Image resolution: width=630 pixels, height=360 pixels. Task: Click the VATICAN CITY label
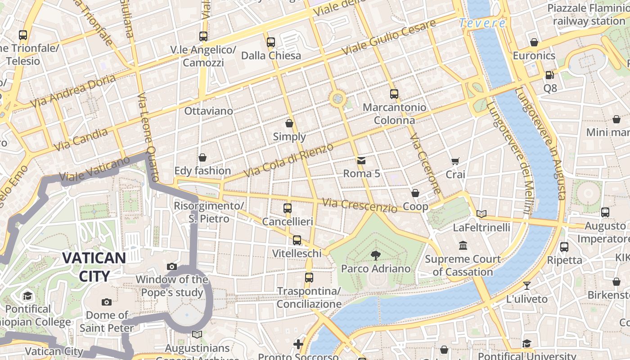coord(94,266)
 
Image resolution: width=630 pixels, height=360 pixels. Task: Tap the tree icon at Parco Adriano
coord(375,256)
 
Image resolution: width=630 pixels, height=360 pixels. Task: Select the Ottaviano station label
coord(209,111)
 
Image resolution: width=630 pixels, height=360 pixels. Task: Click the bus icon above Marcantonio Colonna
coord(394,94)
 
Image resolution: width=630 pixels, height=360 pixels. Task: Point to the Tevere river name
coord(482,23)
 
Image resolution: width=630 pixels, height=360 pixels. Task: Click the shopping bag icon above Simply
coord(289,123)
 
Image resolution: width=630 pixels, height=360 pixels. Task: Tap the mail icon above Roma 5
coord(361,161)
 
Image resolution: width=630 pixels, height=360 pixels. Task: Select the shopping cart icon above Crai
coord(455,161)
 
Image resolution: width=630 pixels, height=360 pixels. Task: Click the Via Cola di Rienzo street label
coord(288,160)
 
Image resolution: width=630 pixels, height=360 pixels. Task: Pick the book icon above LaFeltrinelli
coord(481,214)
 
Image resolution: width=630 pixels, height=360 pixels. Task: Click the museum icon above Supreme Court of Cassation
coord(463,246)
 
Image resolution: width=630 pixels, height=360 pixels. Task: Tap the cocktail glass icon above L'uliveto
coord(526,286)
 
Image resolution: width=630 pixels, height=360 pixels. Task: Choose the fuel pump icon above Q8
coord(549,75)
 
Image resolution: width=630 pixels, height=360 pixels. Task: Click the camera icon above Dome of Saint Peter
coord(107,302)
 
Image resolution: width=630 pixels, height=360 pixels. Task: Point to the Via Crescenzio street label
coord(360,205)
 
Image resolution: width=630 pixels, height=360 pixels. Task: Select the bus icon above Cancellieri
coord(288,208)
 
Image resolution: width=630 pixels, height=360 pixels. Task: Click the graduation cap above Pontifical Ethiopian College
coord(28,296)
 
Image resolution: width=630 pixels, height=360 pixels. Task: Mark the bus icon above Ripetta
coord(564,247)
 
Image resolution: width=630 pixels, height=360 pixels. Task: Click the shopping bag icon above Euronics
coord(534,43)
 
